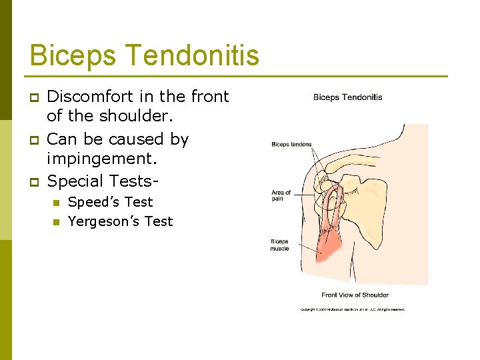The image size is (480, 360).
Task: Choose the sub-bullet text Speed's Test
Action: click(110, 202)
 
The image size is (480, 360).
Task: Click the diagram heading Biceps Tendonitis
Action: click(347, 97)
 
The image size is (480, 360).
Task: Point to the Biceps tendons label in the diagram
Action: click(291, 144)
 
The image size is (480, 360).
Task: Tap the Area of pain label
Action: click(281, 195)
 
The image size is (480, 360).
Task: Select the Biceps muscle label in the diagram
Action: click(279, 245)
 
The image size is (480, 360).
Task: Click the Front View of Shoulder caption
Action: click(355, 295)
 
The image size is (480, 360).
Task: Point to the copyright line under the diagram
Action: click(352, 309)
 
